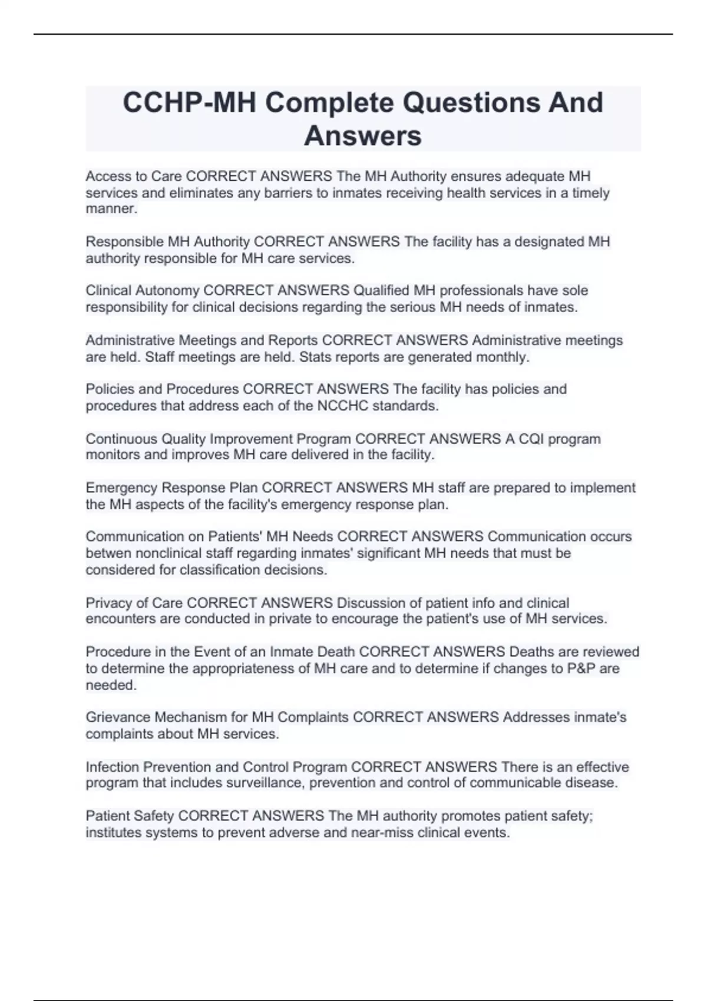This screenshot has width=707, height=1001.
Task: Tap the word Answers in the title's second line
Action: (363, 135)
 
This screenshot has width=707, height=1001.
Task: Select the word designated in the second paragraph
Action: (551, 242)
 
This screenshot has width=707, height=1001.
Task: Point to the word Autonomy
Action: (167, 291)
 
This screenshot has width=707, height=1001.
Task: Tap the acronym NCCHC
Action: (342, 406)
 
